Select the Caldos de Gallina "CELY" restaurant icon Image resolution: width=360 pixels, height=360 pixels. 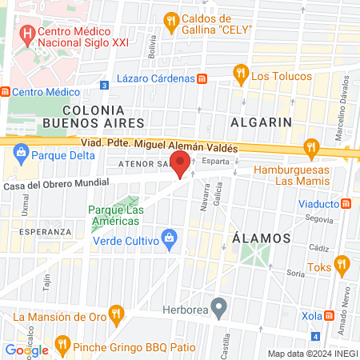point(170,20)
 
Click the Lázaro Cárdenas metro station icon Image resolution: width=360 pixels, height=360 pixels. point(202,78)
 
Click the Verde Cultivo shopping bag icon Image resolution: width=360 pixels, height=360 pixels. point(169,238)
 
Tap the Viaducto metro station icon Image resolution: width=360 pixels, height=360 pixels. point(346,203)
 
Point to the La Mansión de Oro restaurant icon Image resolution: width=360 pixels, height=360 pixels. point(116,313)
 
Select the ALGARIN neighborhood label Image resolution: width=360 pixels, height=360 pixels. point(259,122)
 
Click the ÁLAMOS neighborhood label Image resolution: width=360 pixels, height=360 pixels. point(260,238)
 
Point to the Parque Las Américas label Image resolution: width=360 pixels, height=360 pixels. point(116,216)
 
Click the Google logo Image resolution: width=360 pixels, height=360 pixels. point(26,350)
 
